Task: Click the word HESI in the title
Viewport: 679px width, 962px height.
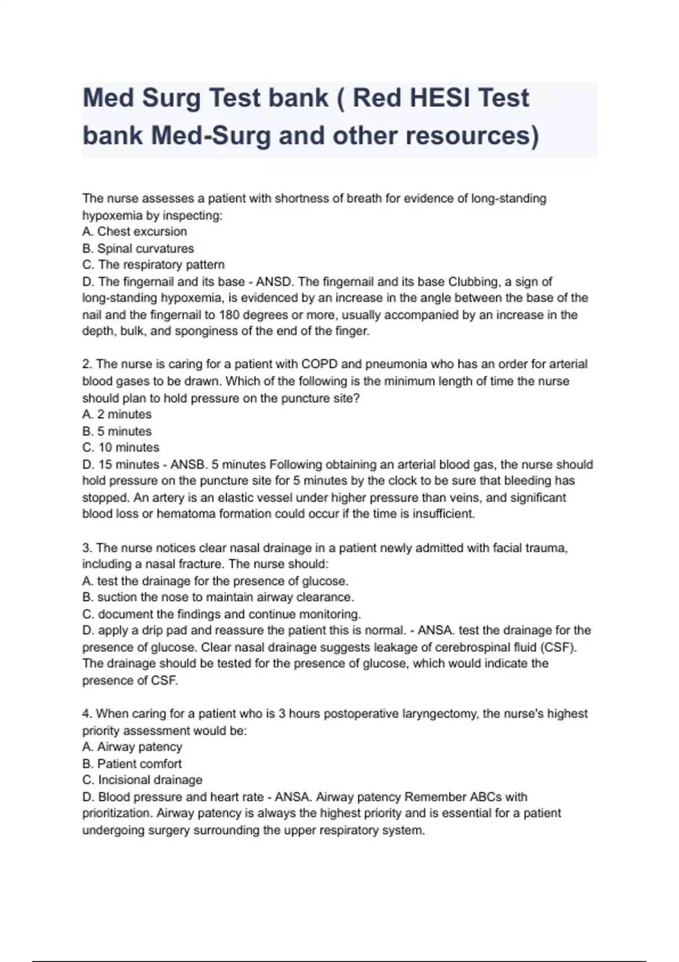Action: point(441,98)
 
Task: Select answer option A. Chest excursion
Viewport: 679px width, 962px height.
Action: point(135,231)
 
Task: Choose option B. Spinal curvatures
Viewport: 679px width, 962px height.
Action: point(138,248)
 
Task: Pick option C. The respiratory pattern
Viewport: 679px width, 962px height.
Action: point(153,265)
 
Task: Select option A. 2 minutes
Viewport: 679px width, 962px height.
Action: point(117,414)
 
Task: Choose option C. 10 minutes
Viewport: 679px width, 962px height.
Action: point(121,448)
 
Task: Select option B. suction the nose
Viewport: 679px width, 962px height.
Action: point(218,597)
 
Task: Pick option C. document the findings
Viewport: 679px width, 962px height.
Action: point(221,614)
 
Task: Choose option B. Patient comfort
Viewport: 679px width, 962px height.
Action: point(132,763)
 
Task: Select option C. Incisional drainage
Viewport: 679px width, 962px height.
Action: point(142,780)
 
